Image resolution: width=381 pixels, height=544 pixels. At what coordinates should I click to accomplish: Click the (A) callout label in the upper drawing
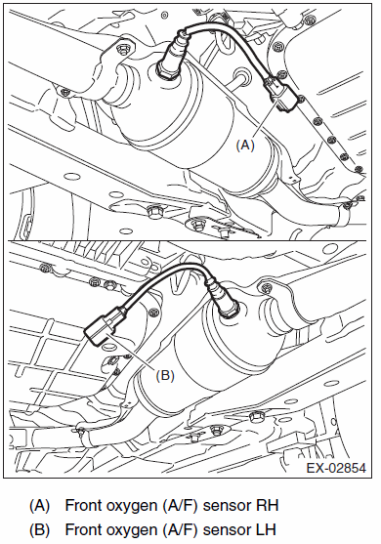[245, 145]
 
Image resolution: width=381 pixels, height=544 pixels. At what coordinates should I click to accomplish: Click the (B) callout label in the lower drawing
[165, 375]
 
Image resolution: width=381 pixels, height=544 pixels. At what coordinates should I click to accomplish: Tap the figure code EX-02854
[336, 468]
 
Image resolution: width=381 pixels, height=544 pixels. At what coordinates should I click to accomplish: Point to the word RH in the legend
[267, 505]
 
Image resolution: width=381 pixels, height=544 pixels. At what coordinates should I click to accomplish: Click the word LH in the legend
[266, 529]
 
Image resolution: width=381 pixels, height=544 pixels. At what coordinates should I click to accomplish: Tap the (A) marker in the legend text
[39, 506]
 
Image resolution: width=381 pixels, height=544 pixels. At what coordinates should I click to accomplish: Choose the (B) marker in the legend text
[39, 530]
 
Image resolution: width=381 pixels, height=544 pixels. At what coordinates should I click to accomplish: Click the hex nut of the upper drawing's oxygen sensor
[167, 68]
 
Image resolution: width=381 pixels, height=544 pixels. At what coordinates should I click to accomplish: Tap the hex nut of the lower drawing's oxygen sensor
[230, 309]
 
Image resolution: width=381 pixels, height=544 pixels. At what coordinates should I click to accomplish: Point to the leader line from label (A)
[266, 117]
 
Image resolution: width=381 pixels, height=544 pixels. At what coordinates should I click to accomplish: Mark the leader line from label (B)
[132, 350]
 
